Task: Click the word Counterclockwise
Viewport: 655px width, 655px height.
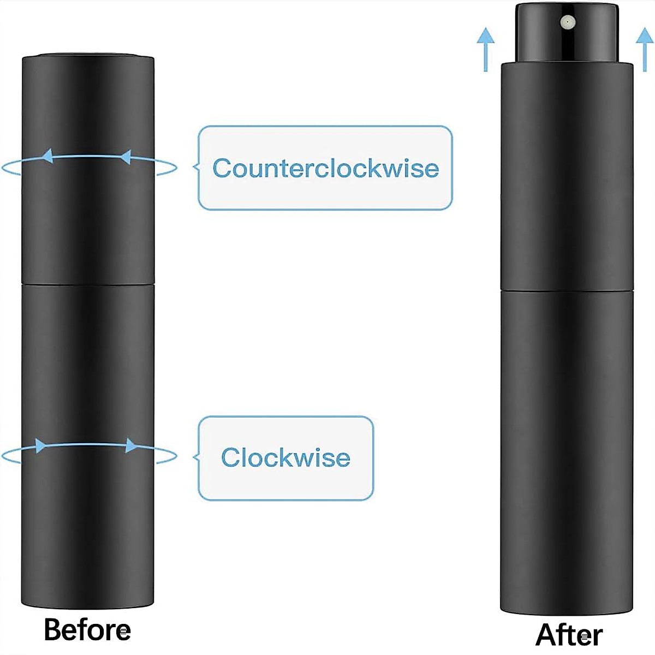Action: tap(325, 168)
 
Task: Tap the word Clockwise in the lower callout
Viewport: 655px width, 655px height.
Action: tap(285, 457)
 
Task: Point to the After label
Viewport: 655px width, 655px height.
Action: tap(569, 635)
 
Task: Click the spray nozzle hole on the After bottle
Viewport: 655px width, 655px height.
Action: tap(568, 22)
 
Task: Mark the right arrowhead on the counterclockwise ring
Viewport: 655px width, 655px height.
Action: tap(125, 158)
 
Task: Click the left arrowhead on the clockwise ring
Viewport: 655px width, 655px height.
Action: tap(40, 445)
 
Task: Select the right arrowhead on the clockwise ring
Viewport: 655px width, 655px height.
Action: tap(132, 445)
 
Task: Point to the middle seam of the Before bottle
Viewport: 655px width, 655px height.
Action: tap(88, 283)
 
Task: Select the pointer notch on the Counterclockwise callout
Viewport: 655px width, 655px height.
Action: tap(195, 167)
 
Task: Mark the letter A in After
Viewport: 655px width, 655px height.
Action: tap(546, 635)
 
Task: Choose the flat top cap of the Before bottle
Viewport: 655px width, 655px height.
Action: tap(88, 56)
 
